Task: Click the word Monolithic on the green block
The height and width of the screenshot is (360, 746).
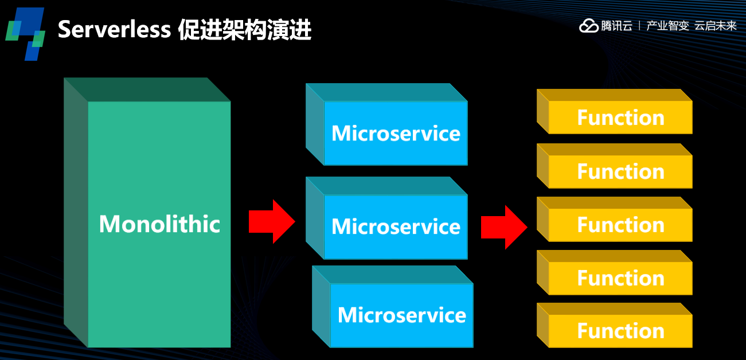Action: (x=159, y=224)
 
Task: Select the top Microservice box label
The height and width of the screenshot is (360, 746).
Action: (x=396, y=134)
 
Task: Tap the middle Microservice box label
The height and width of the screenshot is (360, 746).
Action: (x=396, y=226)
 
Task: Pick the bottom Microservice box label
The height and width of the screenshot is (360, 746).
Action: (x=401, y=315)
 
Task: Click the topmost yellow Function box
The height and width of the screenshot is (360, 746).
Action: (x=620, y=118)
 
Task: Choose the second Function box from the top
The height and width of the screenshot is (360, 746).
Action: (x=620, y=171)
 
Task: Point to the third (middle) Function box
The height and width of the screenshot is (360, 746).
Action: (x=620, y=225)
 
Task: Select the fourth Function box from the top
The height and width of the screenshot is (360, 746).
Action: (x=620, y=278)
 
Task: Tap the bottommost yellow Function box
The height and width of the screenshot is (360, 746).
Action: (x=620, y=331)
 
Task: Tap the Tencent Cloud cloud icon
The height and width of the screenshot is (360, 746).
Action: (x=588, y=26)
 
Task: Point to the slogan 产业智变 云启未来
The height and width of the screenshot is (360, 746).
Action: (x=691, y=26)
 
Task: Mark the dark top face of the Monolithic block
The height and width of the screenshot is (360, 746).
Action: (x=147, y=89)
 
